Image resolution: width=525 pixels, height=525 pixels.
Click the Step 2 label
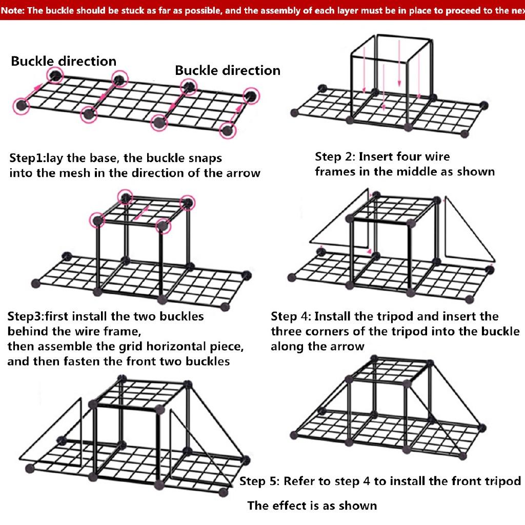[335, 157]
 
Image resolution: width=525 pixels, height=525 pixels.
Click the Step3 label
[26, 316]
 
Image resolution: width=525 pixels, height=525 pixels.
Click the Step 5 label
[259, 481]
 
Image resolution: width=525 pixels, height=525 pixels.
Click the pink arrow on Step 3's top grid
[140, 213]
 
